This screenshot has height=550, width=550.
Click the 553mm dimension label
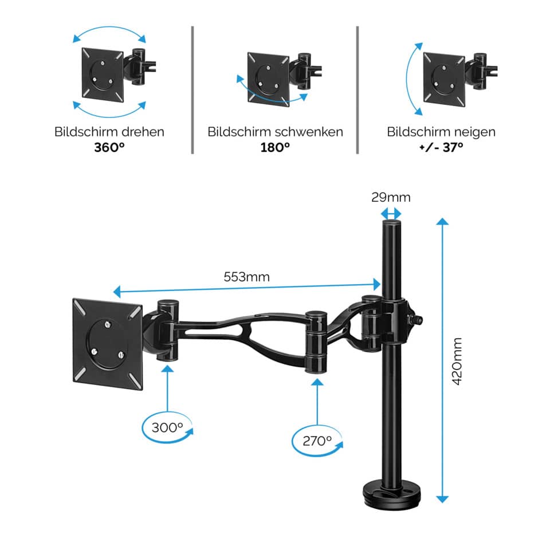[x=246, y=277]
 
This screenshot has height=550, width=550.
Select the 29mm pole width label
[x=391, y=198]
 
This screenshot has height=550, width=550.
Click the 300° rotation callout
[x=167, y=427]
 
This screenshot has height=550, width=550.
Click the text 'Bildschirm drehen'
[x=109, y=132]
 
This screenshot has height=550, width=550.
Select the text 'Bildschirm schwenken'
[x=276, y=132]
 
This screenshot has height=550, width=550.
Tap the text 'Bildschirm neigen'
[x=441, y=132]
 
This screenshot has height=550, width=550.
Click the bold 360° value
[x=109, y=147]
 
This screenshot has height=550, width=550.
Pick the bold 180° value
[x=276, y=147]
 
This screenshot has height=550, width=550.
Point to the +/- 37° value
[x=441, y=147]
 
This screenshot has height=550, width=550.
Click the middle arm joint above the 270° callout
[x=316, y=342]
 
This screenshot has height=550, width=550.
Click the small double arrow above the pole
[x=391, y=214]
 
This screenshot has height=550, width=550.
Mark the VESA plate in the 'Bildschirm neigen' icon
[x=442, y=77]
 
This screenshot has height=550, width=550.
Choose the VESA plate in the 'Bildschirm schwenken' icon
[x=268, y=78]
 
